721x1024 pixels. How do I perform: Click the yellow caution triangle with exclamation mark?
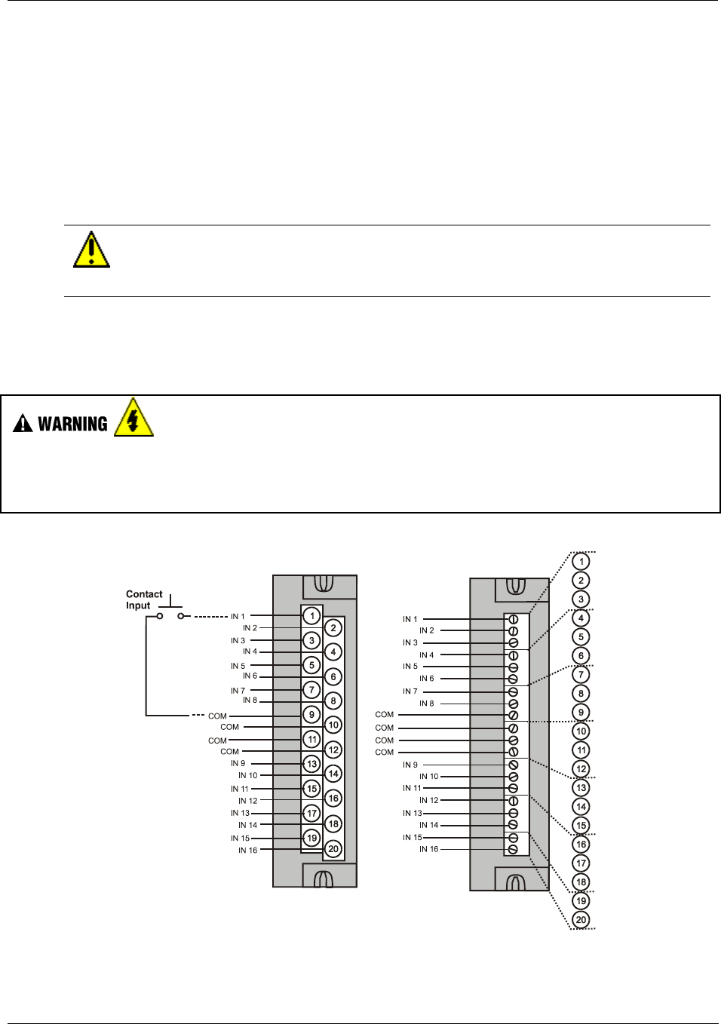tap(91, 250)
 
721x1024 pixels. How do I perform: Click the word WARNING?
tap(72, 424)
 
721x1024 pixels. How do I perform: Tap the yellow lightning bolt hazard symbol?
tap(133, 418)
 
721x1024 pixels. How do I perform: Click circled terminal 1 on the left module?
tap(311, 616)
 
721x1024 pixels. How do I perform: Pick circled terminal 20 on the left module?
tap(333, 848)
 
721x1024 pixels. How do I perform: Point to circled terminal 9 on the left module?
tap(311, 714)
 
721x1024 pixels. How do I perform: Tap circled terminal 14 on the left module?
tap(333, 774)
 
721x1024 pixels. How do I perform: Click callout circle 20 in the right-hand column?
tap(581, 919)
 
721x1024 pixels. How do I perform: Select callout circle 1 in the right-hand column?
tap(581, 561)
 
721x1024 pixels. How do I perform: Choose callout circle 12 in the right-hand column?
tap(581, 768)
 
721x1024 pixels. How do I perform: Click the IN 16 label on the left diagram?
tap(248, 851)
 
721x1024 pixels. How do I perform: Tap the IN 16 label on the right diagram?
tap(428, 849)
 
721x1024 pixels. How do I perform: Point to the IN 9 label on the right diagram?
tap(410, 765)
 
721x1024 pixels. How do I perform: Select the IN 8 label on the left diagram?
tap(250, 701)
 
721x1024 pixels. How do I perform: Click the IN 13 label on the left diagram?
tap(240, 813)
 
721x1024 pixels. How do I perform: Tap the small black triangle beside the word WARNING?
tap(23, 425)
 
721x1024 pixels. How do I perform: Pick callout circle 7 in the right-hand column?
tap(581, 674)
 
